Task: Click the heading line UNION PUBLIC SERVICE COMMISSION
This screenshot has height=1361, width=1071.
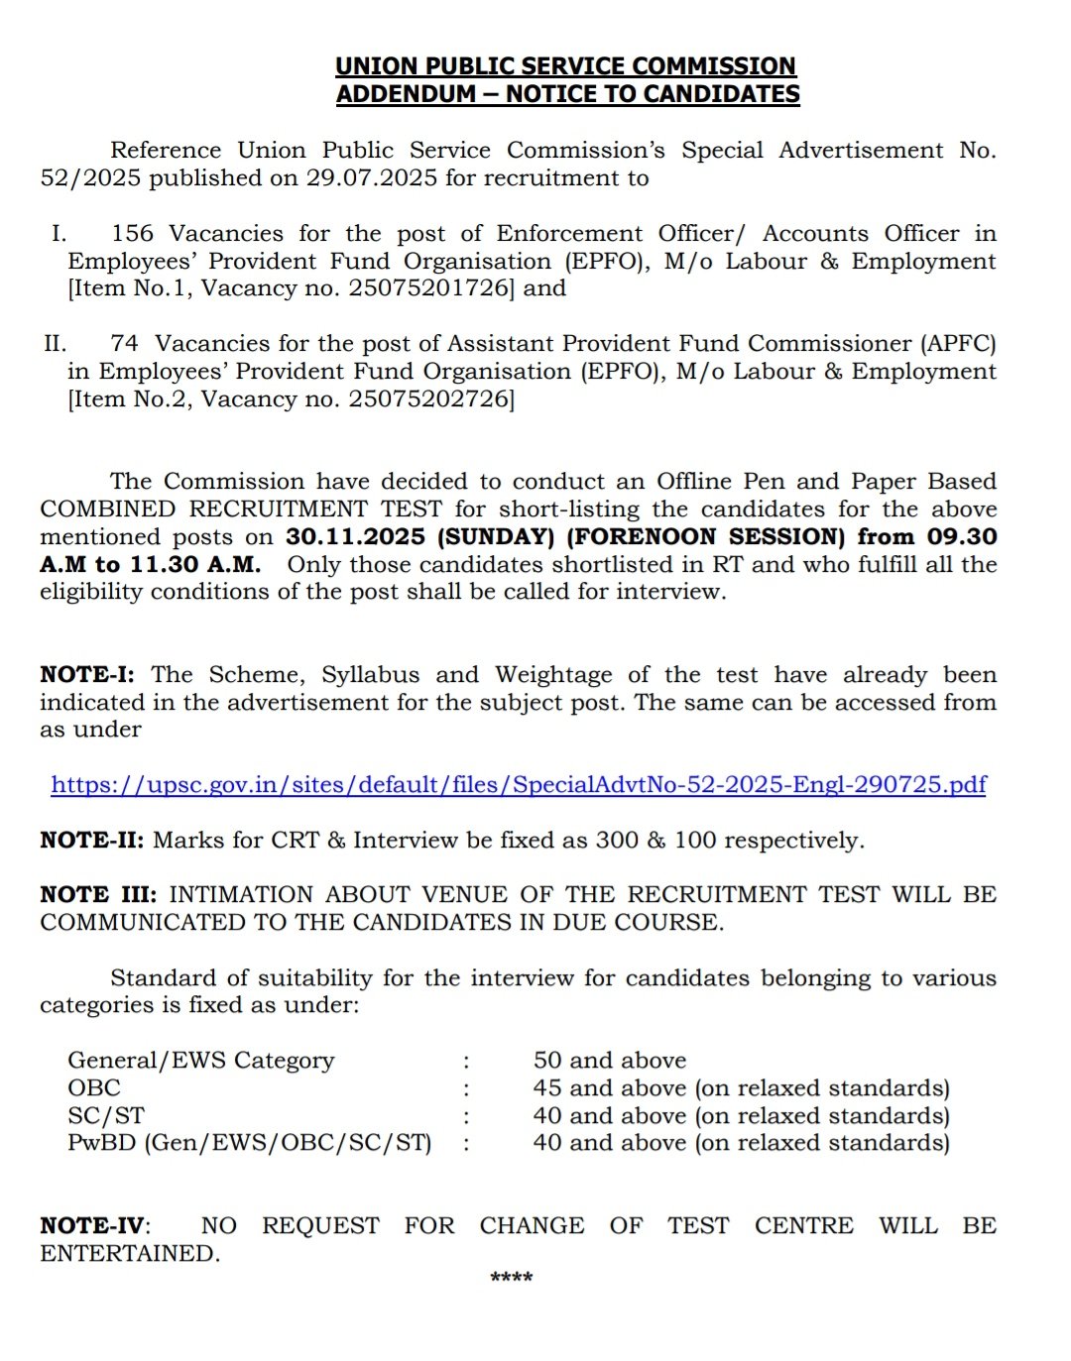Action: click(x=565, y=66)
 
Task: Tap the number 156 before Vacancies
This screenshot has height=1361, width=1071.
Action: click(x=133, y=234)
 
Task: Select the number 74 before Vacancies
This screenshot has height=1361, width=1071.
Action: click(x=125, y=344)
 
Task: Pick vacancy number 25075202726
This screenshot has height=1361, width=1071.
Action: click(x=430, y=399)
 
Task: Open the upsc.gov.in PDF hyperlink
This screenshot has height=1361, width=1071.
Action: click(x=519, y=785)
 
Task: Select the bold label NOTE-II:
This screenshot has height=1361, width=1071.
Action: click(x=92, y=841)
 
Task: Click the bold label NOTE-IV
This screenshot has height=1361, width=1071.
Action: click(x=93, y=1226)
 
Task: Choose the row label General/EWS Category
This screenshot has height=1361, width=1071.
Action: click(x=201, y=1061)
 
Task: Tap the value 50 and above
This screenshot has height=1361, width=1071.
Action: click(x=610, y=1061)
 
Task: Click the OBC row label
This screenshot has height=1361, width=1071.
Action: click(x=94, y=1088)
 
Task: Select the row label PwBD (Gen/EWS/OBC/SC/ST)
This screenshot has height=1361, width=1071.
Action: click(x=250, y=1143)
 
